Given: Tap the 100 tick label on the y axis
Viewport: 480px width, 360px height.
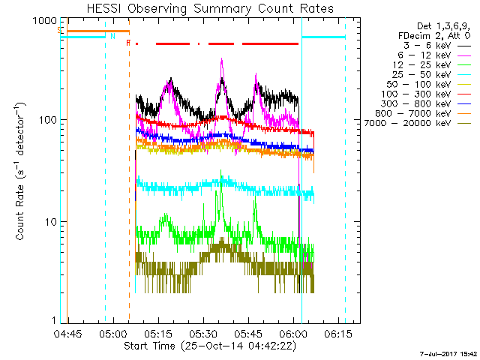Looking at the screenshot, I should point(46,120).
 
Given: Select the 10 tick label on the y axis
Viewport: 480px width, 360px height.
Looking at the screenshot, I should point(49,222).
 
